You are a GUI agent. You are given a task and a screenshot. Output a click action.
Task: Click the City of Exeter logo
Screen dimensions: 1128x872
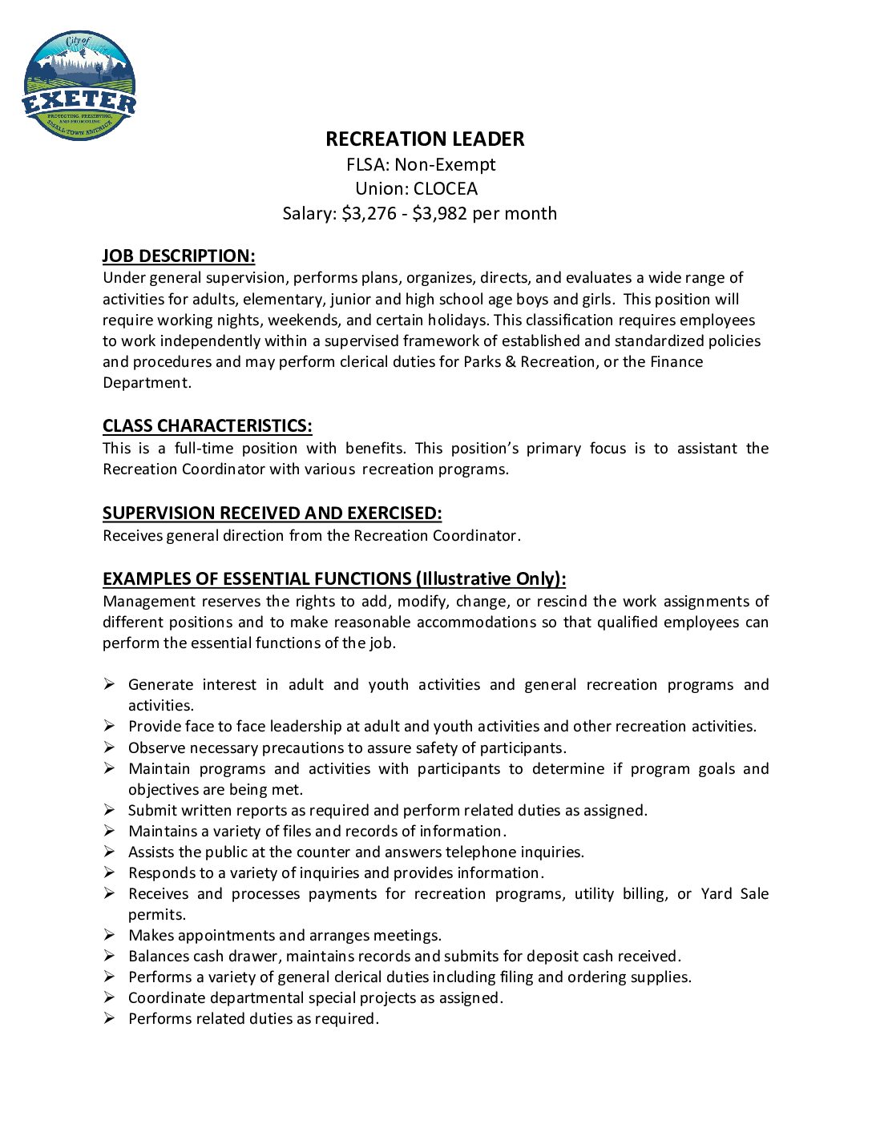79,86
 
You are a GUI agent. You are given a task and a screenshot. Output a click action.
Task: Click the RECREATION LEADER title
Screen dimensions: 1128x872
425,139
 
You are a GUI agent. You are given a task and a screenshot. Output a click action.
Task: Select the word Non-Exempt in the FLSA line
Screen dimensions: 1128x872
445,165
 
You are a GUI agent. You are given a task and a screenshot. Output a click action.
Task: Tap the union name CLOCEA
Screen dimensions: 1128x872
446,189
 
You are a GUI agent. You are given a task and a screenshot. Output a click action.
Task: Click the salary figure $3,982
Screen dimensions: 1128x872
439,214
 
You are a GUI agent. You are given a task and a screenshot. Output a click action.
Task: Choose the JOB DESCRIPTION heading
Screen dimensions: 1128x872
179,256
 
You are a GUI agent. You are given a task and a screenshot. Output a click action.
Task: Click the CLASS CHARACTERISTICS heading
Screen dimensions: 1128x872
207,426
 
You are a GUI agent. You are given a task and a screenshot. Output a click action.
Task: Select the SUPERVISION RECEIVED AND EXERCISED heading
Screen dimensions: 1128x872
272,514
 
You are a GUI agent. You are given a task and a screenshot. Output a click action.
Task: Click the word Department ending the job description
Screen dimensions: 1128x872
146,383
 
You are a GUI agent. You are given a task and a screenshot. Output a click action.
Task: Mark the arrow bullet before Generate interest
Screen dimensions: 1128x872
109,684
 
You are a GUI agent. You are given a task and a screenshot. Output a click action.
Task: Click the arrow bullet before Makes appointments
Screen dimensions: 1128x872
109,935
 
